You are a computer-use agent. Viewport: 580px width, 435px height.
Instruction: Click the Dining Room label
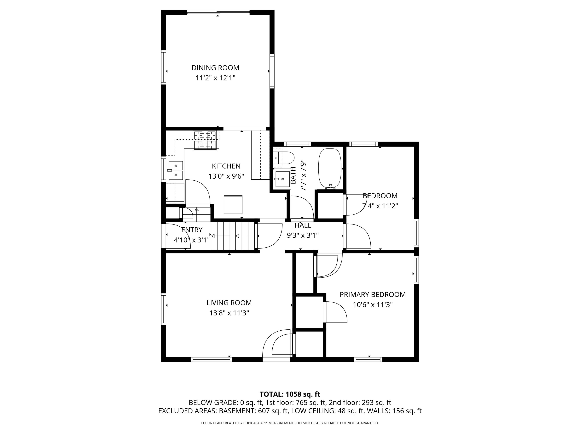tap(215, 68)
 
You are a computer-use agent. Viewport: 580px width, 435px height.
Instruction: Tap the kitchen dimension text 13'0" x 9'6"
tap(226, 176)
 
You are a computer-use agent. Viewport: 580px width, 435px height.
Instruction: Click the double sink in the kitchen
tap(175, 171)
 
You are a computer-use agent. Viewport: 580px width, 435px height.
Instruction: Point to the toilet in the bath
tap(282, 158)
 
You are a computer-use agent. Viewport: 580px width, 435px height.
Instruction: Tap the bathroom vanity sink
tap(282, 179)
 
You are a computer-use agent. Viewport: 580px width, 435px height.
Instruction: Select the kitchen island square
tap(233, 205)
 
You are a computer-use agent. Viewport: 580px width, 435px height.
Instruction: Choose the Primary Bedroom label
tap(373, 294)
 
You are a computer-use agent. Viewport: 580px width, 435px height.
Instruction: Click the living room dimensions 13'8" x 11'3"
tap(229, 313)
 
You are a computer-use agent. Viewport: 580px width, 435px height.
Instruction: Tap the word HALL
tap(303, 225)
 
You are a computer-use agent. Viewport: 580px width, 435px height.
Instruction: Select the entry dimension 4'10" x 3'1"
tap(192, 240)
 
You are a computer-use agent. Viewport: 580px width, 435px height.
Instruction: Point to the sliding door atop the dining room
tap(218, 12)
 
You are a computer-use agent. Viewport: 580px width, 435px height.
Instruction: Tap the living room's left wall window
tap(163, 309)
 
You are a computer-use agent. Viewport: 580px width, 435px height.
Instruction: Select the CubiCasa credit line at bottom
tap(290, 423)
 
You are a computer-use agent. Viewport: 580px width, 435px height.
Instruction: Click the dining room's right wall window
tap(272, 71)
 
